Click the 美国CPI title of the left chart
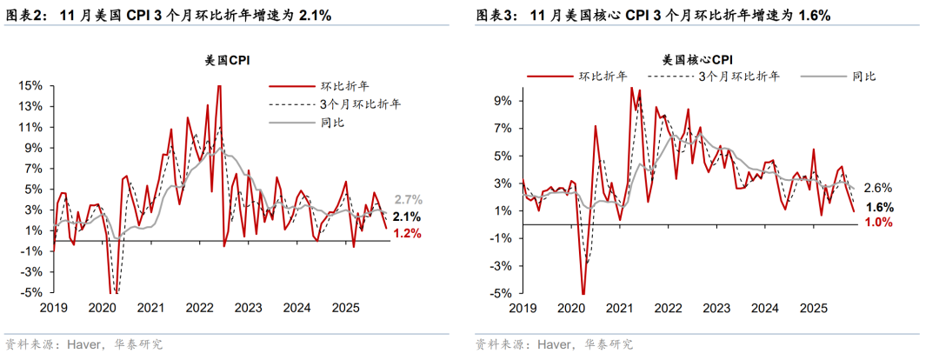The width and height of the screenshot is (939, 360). tap(229, 60)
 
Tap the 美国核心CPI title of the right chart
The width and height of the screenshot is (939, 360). tap(697, 60)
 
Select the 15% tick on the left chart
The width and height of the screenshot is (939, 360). tap(32, 86)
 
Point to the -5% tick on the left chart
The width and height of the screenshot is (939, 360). tap(32, 293)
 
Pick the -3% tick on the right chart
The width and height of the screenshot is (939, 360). tap(503, 266)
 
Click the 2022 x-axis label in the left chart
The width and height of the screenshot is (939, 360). tap(199, 308)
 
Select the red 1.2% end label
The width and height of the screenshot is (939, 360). tap(408, 233)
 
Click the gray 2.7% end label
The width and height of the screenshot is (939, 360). tap(408, 199)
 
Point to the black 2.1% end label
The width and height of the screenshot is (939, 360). tap(408, 217)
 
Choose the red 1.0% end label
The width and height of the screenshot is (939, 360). tap(878, 223)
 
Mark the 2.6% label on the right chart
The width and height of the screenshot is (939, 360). tap(878, 188)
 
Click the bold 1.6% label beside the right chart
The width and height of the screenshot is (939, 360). tap(878, 207)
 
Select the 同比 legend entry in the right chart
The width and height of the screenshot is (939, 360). tap(863, 77)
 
